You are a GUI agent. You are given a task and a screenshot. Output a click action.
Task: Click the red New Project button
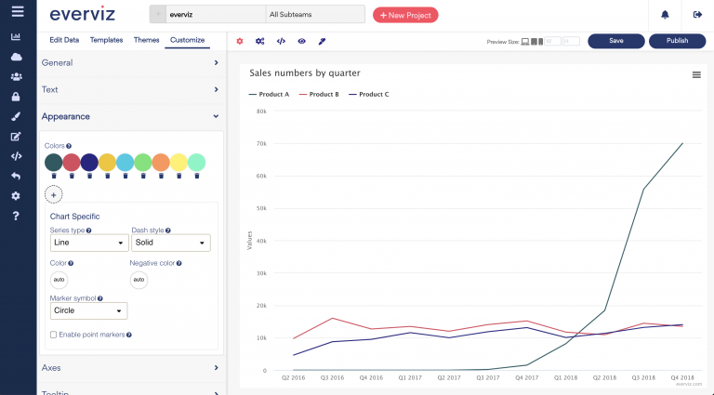point(404,15)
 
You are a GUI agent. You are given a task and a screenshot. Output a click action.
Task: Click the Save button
point(616,41)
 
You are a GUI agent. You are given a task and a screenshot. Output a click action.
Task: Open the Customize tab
point(187,40)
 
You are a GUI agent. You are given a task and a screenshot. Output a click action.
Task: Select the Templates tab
point(106,40)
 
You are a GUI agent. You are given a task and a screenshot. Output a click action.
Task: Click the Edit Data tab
point(64,40)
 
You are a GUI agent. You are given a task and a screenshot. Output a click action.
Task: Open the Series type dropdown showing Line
point(89,243)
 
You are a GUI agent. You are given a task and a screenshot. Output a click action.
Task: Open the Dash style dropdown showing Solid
point(170,243)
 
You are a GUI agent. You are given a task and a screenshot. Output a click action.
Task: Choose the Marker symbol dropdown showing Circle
point(88,310)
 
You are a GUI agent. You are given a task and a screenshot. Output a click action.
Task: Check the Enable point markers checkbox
point(53,335)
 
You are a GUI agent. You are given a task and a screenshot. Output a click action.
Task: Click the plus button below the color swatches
point(54,194)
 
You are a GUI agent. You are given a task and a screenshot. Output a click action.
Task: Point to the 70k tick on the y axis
point(261,144)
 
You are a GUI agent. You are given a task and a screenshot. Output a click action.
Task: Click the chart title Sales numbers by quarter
point(304,72)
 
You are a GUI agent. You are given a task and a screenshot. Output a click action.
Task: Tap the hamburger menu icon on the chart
point(696,74)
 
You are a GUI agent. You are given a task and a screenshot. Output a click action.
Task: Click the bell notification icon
point(665,15)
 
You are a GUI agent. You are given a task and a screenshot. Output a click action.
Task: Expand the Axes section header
point(130,368)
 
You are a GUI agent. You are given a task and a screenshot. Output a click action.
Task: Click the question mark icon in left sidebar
point(16,217)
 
